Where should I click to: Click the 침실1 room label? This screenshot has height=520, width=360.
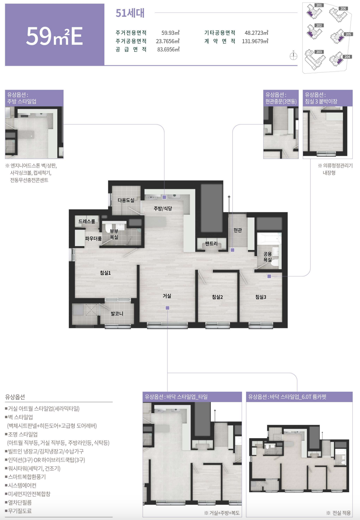click(x=105, y=273)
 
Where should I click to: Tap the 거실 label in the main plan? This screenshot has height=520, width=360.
click(x=167, y=296)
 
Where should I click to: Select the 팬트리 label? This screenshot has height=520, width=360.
click(x=211, y=244)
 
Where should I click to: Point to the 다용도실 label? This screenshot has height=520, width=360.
click(x=126, y=200)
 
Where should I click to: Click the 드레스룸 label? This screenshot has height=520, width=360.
click(x=87, y=221)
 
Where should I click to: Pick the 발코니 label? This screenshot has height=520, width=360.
click(x=117, y=314)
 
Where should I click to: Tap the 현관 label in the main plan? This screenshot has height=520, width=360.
click(x=237, y=230)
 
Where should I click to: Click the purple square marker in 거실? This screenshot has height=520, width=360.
click(x=167, y=308)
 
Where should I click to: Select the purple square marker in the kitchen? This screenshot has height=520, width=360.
click(x=164, y=197)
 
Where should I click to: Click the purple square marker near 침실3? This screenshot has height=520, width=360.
click(x=269, y=276)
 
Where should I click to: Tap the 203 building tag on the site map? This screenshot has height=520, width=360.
click(x=319, y=52)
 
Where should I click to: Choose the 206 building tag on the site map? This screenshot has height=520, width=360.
click(x=343, y=9)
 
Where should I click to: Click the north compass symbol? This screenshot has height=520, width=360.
click(x=294, y=56)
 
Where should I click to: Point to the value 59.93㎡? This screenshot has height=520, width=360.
click(x=170, y=33)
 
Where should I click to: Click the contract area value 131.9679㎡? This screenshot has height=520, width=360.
click(x=255, y=41)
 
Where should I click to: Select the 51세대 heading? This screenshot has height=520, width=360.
click(x=130, y=13)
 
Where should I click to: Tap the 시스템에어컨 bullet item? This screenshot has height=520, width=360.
click(x=21, y=485)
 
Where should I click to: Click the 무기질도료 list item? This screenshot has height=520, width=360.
click(x=18, y=511)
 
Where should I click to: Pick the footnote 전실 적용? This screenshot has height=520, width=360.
click(x=339, y=513)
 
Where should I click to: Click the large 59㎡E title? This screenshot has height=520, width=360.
click(x=55, y=36)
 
